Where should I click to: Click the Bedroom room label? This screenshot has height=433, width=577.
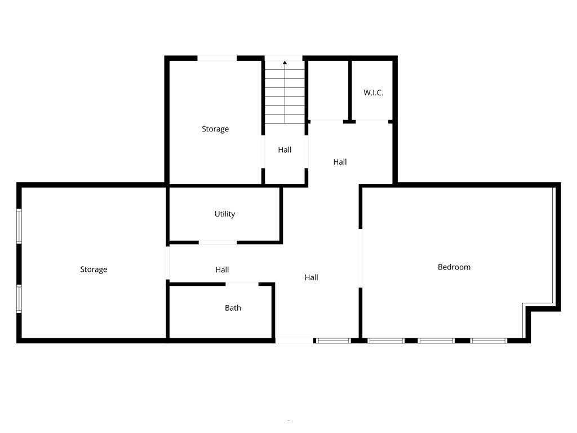point(454,267)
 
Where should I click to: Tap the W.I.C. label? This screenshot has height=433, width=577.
point(373,92)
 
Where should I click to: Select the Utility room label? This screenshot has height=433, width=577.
point(224,214)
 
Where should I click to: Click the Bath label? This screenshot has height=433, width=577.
point(233,308)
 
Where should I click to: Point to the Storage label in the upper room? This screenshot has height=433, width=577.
point(215,129)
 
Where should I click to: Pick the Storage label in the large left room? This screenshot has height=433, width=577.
point(94,269)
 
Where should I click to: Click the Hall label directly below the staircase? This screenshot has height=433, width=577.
point(285,150)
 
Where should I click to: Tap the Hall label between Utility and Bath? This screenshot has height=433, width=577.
point(222,270)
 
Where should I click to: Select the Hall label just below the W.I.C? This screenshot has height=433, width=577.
point(340,162)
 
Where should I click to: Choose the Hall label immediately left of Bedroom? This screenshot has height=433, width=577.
point(311,277)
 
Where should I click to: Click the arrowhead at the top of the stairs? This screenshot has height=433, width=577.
point(285,63)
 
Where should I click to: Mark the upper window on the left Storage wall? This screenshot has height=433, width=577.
point(19,227)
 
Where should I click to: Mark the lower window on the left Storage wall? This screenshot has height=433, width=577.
point(19,298)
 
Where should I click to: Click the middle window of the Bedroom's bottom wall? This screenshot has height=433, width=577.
point(436,341)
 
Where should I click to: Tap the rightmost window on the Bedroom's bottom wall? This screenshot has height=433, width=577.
point(489,341)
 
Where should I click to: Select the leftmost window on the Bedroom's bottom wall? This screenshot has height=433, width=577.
point(386,341)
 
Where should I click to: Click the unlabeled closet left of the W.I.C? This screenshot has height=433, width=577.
point(329,90)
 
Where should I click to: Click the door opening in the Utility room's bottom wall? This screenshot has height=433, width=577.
point(218,242)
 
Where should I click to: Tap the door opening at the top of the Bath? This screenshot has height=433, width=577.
point(242,284)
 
